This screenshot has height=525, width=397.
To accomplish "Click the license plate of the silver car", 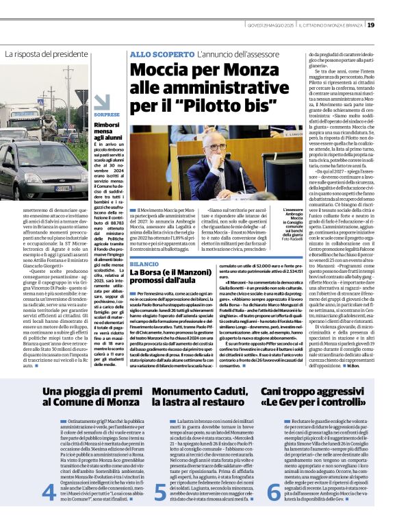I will [64, 188].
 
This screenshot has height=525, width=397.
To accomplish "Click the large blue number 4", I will [49, 491].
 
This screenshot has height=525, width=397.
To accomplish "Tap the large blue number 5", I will [159, 491].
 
